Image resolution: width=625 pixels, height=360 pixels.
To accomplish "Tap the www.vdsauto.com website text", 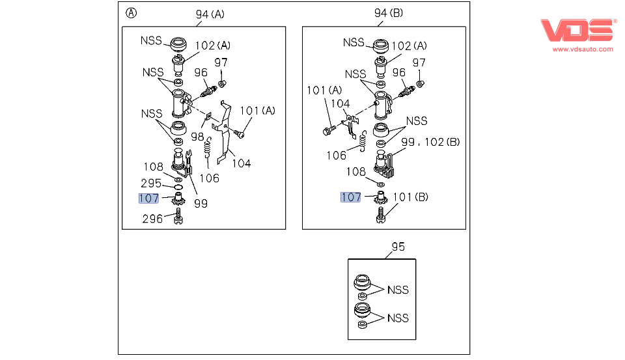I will [583, 49].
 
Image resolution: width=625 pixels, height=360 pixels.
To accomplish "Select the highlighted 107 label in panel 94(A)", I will [148, 199].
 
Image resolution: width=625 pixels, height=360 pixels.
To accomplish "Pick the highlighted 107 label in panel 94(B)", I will [351, 197].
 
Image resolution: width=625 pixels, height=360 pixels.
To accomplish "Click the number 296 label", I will [152, 219].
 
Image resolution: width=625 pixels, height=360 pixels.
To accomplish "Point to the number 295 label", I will [152, 184].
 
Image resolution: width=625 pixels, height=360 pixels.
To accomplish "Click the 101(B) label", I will [411, 197].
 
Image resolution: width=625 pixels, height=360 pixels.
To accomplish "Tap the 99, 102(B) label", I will [430, 142].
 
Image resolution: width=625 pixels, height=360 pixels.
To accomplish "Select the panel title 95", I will [398, 247].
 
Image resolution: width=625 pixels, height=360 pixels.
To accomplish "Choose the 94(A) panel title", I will [210, 14].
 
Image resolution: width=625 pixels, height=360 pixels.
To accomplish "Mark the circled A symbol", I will [132, 13].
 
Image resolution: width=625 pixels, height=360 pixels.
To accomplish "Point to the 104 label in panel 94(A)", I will [242, 163].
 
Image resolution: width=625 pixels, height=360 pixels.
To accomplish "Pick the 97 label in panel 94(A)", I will [221, 62].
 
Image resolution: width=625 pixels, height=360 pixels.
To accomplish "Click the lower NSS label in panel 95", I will [398, 318].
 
